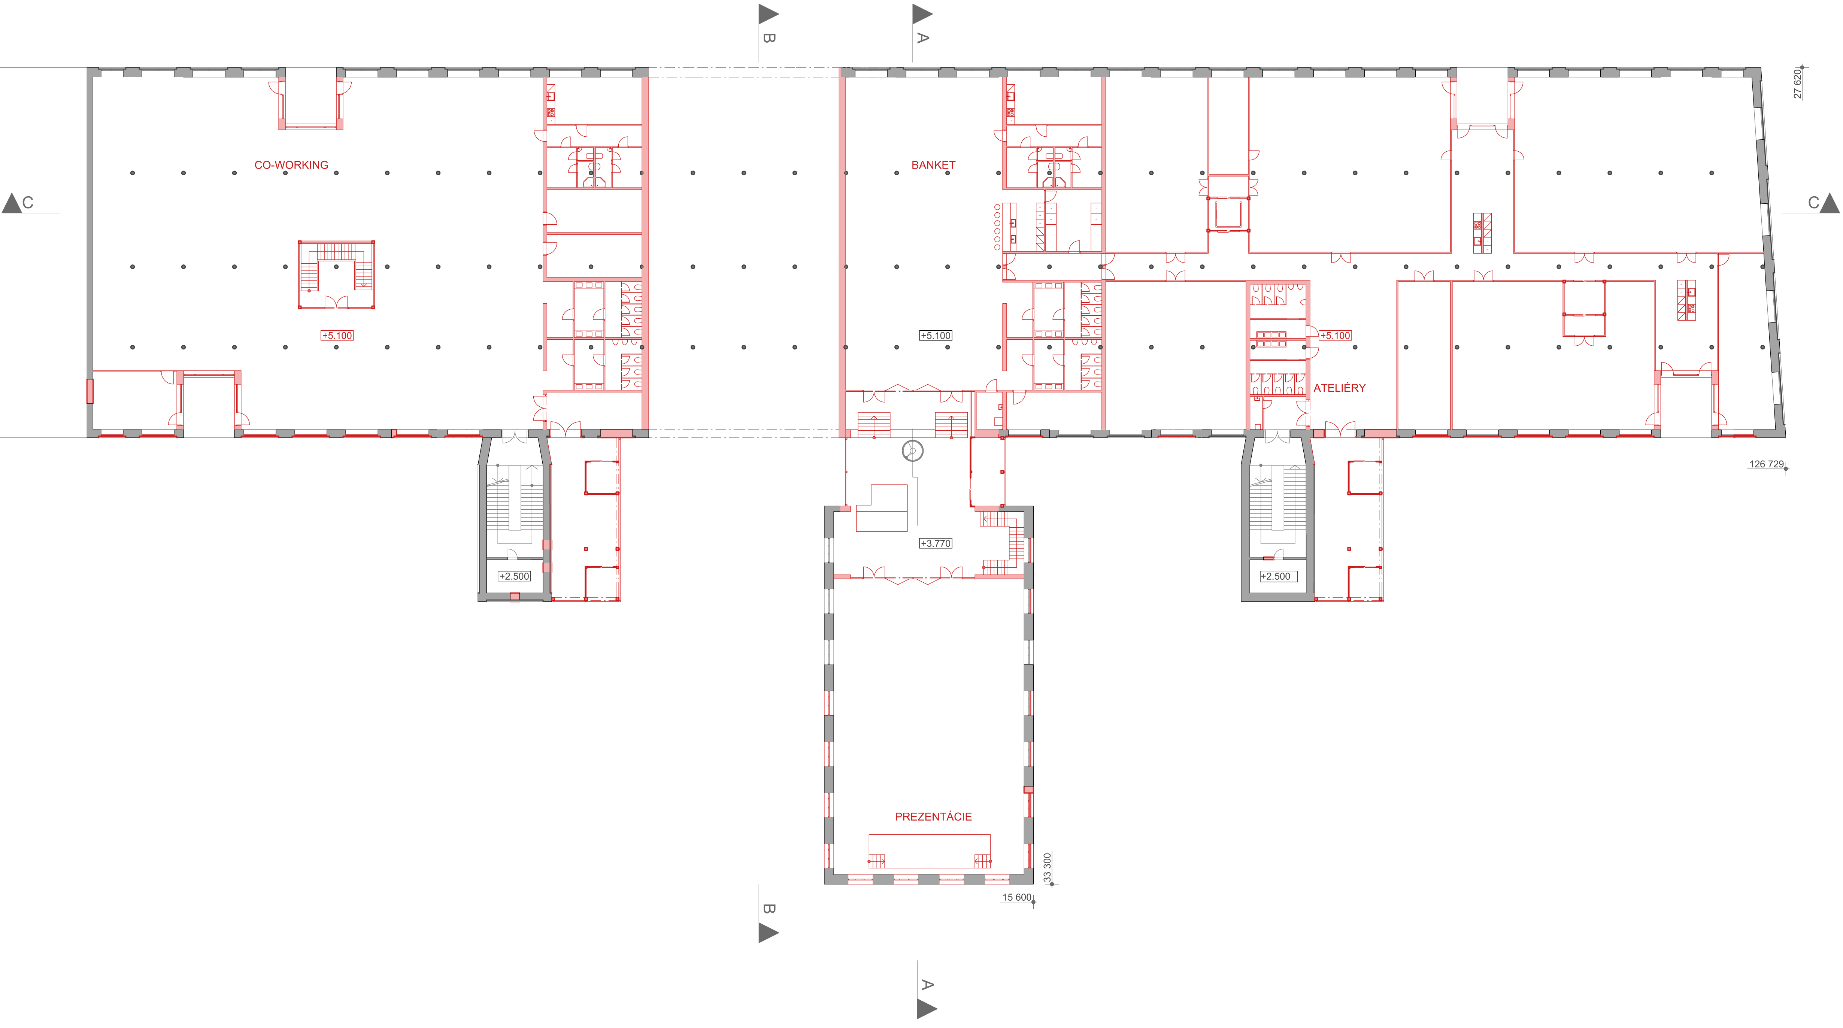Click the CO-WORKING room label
(291, 165)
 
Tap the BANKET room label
(933, 165)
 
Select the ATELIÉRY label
(1339, 388)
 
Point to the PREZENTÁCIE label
(933, 817)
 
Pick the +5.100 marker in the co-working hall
(337, 336)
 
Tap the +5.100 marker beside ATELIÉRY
(1335, 336)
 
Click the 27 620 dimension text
(1797, 84)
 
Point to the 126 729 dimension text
(1767, 464)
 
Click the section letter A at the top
(923, 38)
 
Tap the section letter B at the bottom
(769, 909)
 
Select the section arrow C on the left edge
(12, 203)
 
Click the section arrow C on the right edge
(1830, 203)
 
